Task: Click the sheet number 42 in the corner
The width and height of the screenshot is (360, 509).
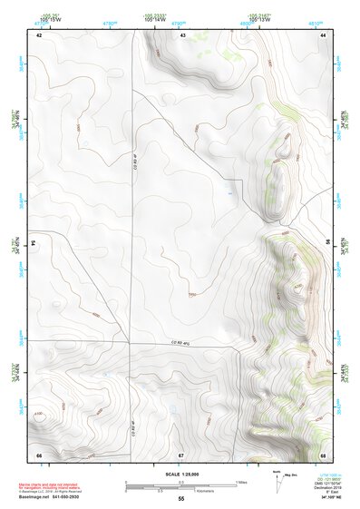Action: pos(39,34)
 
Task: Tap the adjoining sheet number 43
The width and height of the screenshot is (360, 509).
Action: pos(182,34)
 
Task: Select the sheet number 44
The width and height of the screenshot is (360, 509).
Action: pos(323,34)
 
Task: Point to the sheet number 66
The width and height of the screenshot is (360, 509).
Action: pos(39,454)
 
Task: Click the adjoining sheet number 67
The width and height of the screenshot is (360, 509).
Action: pos(180,454)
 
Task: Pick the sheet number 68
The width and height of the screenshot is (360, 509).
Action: pos(323,454)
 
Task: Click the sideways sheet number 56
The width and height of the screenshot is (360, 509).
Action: pos(328,243)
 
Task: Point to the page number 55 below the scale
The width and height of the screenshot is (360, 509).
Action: pos(181,499)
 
